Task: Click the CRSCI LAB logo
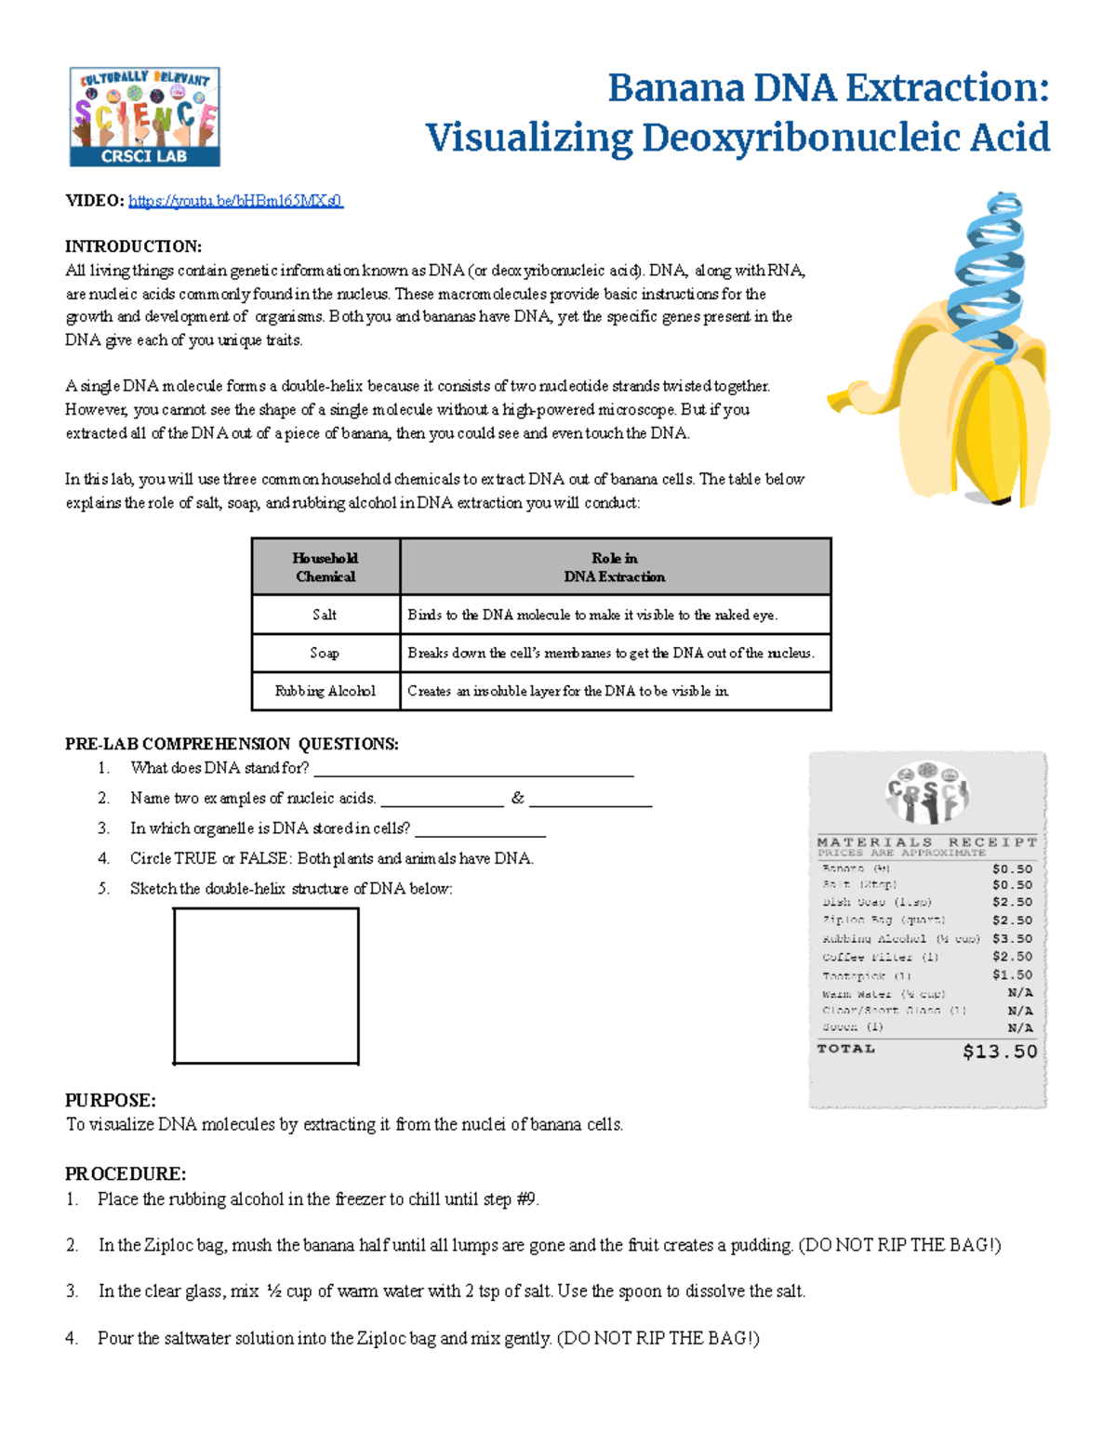point(145,117)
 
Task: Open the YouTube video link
point(235,201)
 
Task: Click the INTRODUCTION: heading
point(133,246)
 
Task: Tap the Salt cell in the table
point(325,615)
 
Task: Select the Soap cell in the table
point(325,653)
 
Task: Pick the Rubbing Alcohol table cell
point(325,691)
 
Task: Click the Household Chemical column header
point(325,567)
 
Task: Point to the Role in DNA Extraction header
point(615,567)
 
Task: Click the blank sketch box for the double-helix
point(266,986)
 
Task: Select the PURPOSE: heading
point(110,1100)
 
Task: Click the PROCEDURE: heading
point(126,1173)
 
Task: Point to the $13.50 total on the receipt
point(1000,1052)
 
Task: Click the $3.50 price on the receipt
point(1012,939)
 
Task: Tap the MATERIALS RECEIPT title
point(926,841)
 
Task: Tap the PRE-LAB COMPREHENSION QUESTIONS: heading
point(232,744)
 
